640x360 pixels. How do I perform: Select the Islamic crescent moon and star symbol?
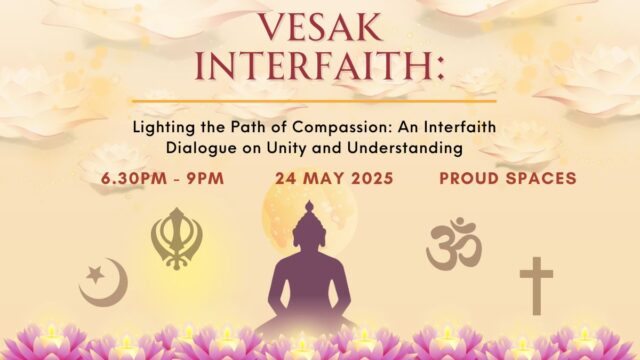[x=103, y=282]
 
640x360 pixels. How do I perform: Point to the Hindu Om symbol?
[x=454, y=243]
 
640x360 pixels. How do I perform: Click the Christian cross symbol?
[x=536, y=285]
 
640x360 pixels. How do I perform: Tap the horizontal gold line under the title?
[x=319, y=101]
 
